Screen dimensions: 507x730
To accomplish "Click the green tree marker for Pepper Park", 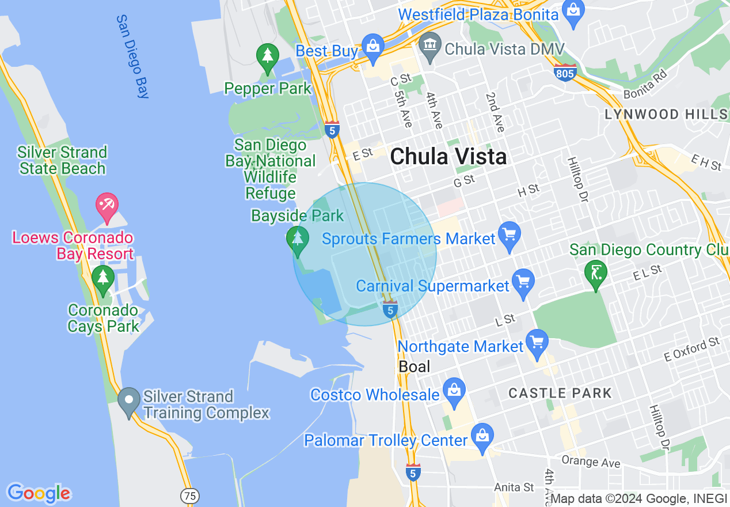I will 267,57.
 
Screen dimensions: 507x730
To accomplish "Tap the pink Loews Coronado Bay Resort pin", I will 107,206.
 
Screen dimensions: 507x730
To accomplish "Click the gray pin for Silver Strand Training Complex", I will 129,399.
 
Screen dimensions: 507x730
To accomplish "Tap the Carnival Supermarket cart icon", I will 523,282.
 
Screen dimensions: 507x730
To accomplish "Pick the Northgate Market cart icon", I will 537,342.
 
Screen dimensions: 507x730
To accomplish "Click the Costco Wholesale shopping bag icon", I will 454,391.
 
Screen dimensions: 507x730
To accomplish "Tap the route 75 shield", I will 190,495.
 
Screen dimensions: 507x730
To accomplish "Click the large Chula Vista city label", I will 448,157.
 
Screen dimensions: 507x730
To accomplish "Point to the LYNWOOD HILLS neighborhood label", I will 666,114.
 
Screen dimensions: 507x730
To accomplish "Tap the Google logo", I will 39,493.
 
